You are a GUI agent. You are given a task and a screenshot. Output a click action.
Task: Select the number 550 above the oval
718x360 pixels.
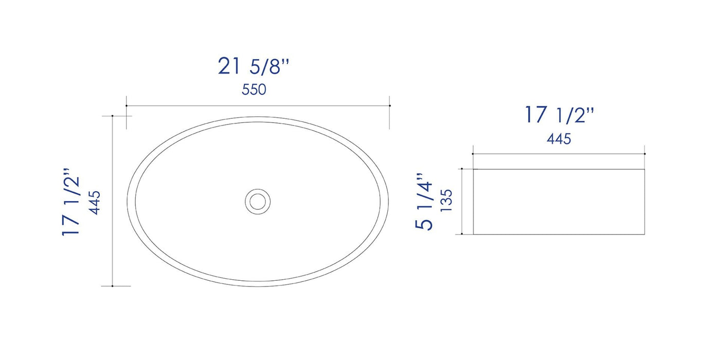click(x=254, y=89)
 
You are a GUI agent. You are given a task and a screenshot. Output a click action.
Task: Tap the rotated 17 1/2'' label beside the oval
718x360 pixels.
click(x=72, y=201)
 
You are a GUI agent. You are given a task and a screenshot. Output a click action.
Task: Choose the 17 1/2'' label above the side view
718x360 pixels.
click(x=560, y=115)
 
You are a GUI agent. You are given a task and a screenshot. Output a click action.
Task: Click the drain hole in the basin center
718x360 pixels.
click(x=258, y=201)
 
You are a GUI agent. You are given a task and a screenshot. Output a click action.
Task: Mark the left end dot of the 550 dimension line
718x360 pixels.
click(x=127, y=106)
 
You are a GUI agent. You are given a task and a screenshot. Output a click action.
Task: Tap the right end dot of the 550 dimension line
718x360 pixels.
click(x=389, y=106)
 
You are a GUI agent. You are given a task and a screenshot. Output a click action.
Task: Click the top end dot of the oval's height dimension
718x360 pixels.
click(x=113, y=116)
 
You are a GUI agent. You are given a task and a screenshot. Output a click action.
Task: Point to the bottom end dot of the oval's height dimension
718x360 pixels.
click(x=113, y=286)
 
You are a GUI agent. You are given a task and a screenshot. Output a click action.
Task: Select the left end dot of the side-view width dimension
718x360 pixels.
click(x=473, y=153)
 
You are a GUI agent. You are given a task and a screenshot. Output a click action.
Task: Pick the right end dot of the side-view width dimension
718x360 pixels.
click(x=645, y=153)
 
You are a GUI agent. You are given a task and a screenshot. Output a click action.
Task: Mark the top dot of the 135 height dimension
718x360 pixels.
click(x=462, y=169)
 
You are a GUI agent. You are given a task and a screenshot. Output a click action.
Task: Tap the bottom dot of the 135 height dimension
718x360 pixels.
click(x=462, y=234)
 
